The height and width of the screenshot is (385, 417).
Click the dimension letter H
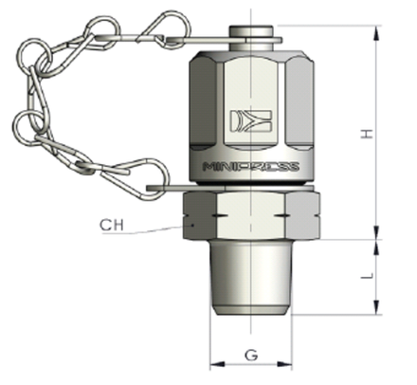click(x=367, y=134)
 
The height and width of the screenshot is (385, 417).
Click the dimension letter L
click(x=367, y=276)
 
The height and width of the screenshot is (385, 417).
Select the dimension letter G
click(x=251, y=355)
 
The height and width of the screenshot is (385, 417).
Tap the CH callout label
click(x=112, y=225)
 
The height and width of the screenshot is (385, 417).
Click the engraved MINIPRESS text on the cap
click(x=251, y=167)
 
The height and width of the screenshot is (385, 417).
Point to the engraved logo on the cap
click(x=251, y=120)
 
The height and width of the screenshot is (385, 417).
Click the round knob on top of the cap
click(x=251, y=37)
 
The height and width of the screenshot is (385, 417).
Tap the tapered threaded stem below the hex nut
click(x=251, y=277)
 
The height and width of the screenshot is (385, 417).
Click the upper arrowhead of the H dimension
click(x=376, y=33)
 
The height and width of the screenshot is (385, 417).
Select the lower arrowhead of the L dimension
click(x=376, y=307)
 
